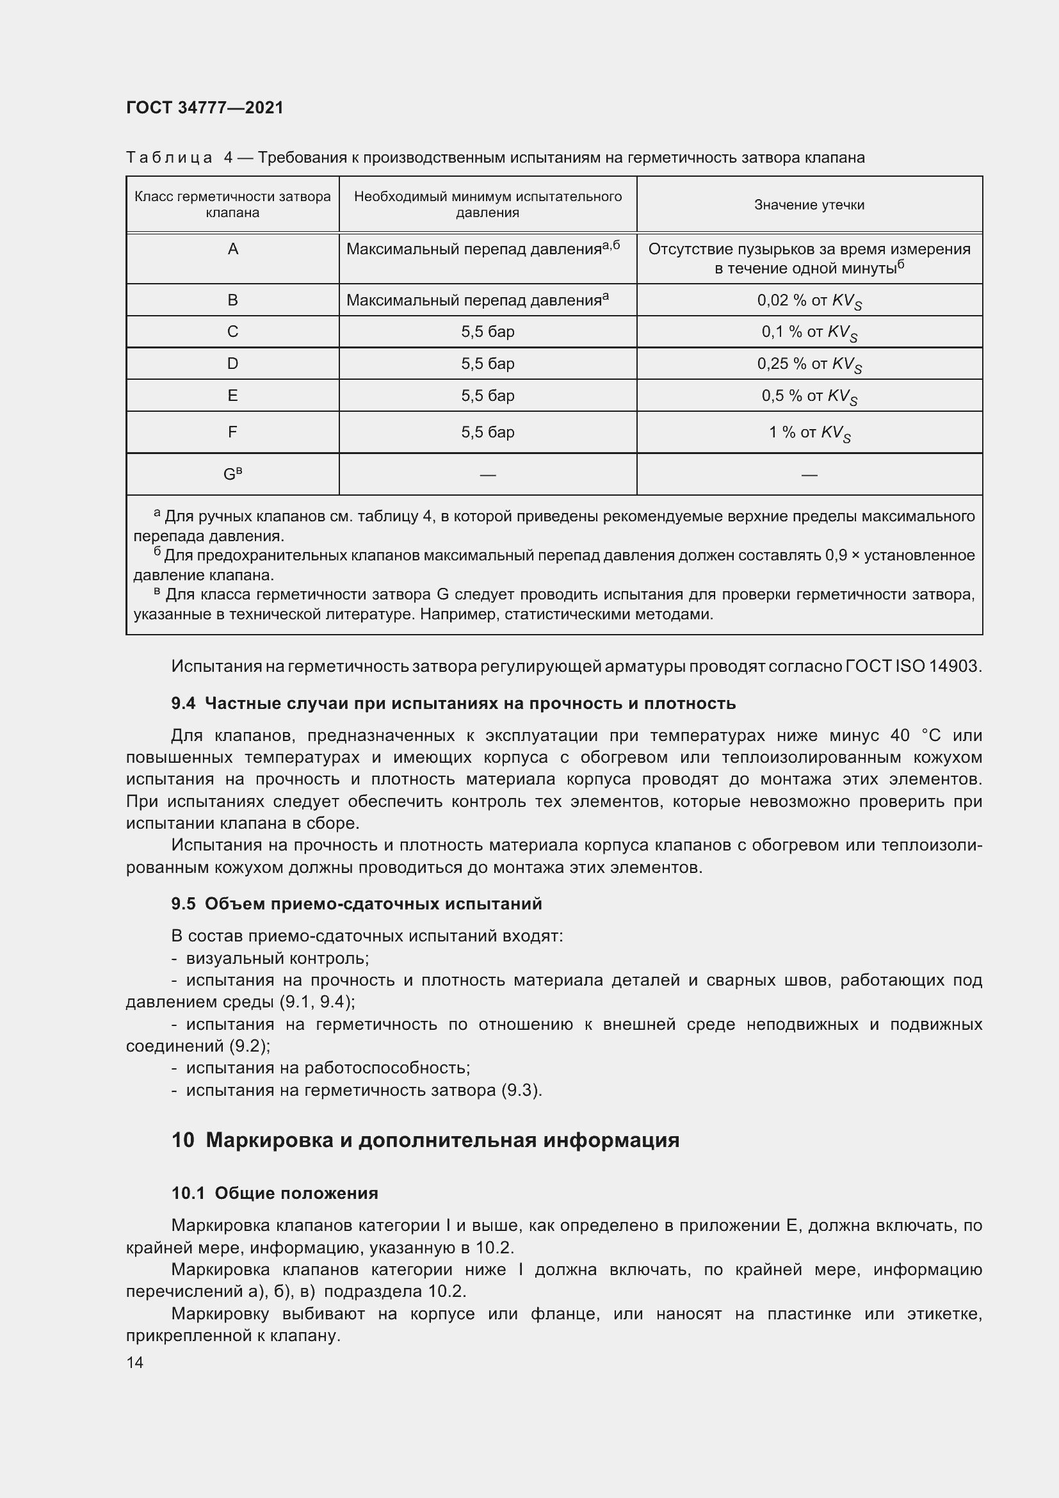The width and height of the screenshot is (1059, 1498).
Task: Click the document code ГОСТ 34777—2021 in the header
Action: [205, 108]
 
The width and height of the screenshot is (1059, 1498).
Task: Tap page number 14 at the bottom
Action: [135, 1362]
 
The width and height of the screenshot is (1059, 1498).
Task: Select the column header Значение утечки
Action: [809, 205]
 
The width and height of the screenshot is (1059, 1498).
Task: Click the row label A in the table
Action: [233, 249]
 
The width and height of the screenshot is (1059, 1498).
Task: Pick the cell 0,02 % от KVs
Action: [809, 301]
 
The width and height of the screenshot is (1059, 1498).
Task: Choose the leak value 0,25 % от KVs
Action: [809, 364]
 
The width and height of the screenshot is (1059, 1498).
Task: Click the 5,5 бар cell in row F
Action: [487, 432]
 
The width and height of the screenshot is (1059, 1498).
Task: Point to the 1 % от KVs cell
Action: [809, 432]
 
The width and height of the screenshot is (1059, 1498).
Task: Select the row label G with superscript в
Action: [233, 475]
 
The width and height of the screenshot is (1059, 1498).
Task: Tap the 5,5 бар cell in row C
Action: [487, 332]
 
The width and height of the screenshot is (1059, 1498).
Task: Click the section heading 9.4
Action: [453, 703]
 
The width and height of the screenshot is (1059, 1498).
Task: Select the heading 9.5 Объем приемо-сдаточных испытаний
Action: [357, 904]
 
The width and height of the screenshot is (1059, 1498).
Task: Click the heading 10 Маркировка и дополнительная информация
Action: [425, 1140]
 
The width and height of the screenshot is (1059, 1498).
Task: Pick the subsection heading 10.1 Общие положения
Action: [275, 1193]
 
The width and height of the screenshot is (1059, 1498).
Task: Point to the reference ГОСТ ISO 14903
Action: [913, 666]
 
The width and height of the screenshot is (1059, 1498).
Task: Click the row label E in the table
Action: [233, 395]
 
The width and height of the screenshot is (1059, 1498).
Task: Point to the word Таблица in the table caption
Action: [169, 158]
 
